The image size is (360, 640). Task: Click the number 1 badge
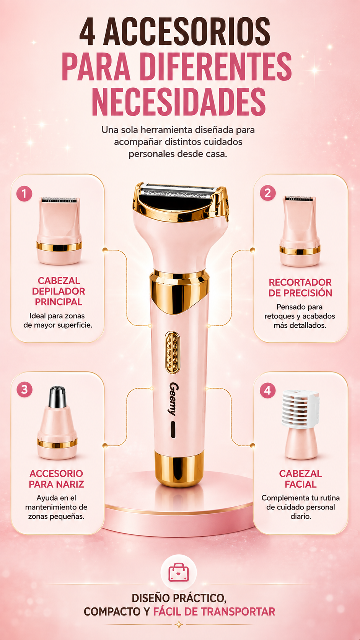pyautogui.click(x=24, y=194)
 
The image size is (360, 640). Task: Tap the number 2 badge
pyautogui.click(x=267, y=193)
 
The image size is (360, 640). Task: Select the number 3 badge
pyautogui.click(x=24, y=389)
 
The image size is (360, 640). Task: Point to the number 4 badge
pyautogui.click(x=267, y=390)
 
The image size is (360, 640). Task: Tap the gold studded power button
pyautogui.click(x=172, y=352)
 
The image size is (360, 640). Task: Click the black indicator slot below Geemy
pyautogui.click(x=173, y=429)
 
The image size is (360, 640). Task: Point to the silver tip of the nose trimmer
pyautogui.click(x=57, y=397)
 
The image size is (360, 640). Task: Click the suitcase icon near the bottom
pyautogui.click(x=179, y=572)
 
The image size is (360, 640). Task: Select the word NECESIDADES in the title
pyautogui.click(x=179, y=102)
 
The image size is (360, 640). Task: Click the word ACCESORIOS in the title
pyautogui.click(x=187, y=31)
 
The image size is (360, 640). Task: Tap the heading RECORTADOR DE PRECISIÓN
pyautogui.click(x=300, y=287)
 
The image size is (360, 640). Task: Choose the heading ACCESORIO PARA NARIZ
pyautogui.click(x=56, y=479)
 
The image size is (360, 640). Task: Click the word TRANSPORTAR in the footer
pyautogui.click(x=238, y=612)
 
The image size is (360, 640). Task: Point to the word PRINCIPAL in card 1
pyautogui.click(x=59, y=302)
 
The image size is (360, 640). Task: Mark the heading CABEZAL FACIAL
pyautogui.click(x=300, y=479)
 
